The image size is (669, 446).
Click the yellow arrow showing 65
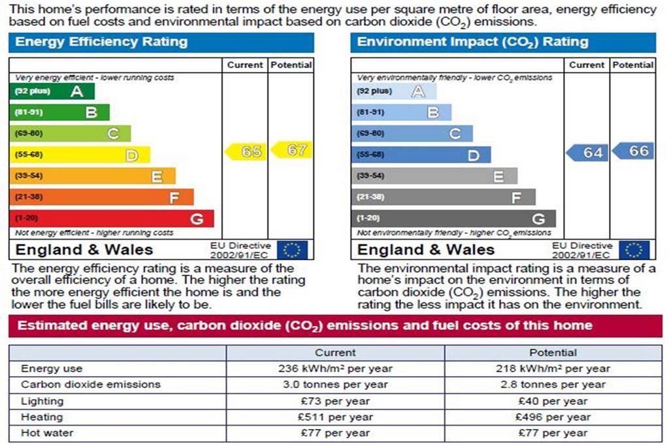(x=246, y=151)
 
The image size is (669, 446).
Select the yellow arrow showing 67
(x=291, y=150)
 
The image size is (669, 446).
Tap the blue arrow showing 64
(x=587, y=153)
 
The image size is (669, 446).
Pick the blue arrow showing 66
(x=632, y=151)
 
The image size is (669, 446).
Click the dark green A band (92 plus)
(x=52, y=91)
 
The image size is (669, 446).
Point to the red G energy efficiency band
(x=112, y=218)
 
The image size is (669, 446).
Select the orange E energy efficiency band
(x=93, y=176)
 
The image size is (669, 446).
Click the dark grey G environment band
(x=454, y=218)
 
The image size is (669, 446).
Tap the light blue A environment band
(x=394, y=91)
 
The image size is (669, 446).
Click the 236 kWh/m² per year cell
(x=335, y=369)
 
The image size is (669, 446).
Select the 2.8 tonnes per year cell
(x=553, y=385)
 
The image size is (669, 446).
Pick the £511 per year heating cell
(x=335, y=417)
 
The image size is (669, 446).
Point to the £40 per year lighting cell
(x=553, y=401)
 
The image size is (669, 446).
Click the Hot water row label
(x=47, y=433)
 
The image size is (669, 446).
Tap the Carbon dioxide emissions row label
(x=91, y=385)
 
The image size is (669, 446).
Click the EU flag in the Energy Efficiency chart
(x=292, y=250)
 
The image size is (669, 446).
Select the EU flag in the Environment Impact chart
(x=634, y=250)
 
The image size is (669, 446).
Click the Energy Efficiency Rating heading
(x=101, y=42)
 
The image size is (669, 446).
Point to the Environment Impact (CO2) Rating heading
(x=473, y=42)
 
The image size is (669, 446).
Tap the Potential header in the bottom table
(x=553, y=353)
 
